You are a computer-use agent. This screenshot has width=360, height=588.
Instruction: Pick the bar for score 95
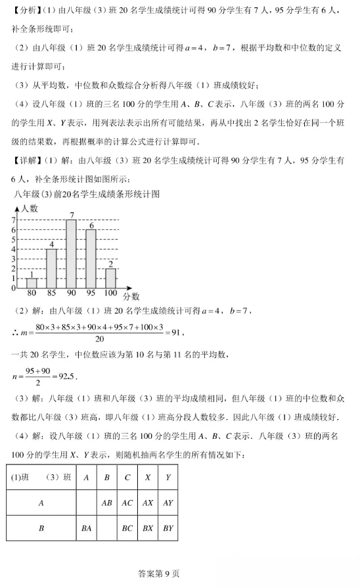[91, 259]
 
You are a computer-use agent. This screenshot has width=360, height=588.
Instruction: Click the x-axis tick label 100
[110, 293]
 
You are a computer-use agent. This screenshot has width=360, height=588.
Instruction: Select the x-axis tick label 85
[51, 293]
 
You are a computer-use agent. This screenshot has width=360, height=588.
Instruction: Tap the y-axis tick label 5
[14, 240]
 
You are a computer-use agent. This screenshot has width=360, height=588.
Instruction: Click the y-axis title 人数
[30, 208]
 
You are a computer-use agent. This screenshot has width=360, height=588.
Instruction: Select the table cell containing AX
[148, 503]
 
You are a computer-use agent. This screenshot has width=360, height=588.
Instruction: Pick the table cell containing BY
[168, 528]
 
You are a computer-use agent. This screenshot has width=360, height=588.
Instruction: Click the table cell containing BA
[86, 528]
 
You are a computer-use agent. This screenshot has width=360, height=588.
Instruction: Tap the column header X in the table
[148, 478]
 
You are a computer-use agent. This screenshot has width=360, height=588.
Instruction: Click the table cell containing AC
[127, 503]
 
